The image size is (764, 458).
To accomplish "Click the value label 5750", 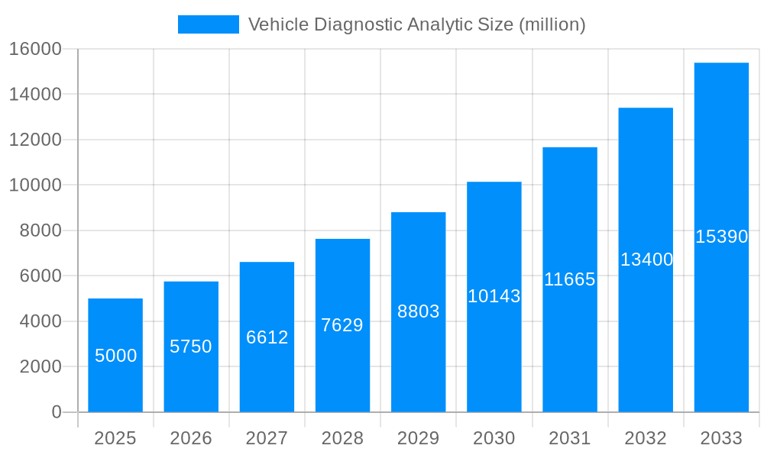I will coord(191,347).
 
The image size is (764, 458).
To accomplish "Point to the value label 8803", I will coord(419,311).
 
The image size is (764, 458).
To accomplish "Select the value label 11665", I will coord(569,279).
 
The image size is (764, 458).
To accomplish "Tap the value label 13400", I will coord(646,260).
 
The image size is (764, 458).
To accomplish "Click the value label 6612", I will coord(267,337).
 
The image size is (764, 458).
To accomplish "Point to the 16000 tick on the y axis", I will coord(34,49).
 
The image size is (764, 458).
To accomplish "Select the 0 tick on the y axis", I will coord(57,412).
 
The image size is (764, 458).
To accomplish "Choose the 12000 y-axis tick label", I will coord(34,140).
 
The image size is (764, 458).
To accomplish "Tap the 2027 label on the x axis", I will coord(267,438).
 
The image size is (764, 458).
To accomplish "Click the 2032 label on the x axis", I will coord(646,438).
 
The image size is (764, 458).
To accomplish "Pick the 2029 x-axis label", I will coord(419,438).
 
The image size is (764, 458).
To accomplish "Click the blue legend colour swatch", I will coord(208,24).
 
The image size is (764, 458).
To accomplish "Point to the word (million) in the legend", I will coord(552,24).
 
